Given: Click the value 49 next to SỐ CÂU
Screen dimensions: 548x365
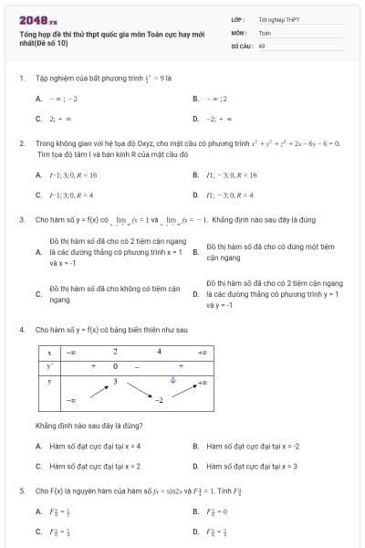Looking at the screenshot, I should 262,45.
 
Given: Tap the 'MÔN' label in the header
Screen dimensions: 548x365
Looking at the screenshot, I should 239,31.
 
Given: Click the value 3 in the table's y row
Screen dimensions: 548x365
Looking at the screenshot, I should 115,380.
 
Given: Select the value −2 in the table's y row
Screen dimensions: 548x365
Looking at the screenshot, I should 158,400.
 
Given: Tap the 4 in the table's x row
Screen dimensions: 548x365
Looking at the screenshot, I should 158,351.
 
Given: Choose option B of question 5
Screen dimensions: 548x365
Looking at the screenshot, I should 215,511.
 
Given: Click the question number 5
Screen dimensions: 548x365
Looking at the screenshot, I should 21,490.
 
